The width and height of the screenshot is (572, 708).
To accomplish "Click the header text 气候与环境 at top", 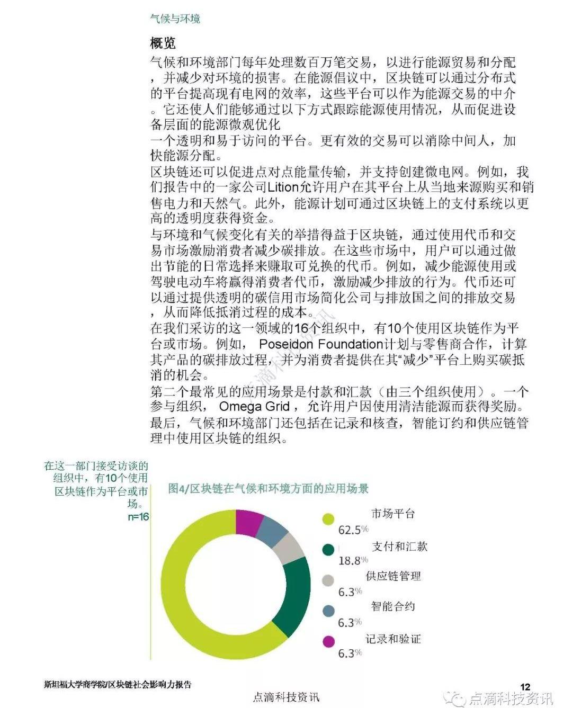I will tap(175, 19).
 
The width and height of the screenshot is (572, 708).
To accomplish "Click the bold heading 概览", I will tap(163, 43).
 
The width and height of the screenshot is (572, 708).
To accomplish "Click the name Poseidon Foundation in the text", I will tap(320, 344).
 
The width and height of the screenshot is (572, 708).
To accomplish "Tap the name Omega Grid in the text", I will tap(254, 407).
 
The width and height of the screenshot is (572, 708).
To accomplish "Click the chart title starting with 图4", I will tap(268, 488).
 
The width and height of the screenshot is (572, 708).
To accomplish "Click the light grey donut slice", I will tap(291, 547).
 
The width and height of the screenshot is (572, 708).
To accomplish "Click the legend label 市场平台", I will tap(392, 514).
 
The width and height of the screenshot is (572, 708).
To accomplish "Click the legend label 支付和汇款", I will tap(399, 546).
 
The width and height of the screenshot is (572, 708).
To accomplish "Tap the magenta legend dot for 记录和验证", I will tap(328, 642).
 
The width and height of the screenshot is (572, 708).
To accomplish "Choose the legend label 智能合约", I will tap(392, 606).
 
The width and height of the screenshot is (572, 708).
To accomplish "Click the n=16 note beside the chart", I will tap(138, 517).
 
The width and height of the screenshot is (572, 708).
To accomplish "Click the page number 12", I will tap(525, 687).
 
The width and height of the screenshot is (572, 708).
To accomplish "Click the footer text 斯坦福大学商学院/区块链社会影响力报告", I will tap(118, 684).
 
